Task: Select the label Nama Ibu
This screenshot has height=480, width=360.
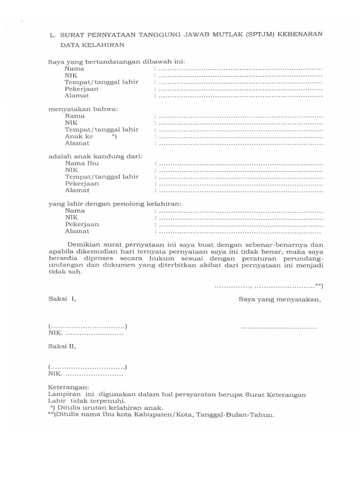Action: click(82, 163)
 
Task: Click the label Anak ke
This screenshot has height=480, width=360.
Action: click(79, 136)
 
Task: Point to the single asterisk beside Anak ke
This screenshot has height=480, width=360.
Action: click(114, 136)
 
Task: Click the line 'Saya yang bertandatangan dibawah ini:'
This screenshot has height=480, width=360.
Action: click(117, 61)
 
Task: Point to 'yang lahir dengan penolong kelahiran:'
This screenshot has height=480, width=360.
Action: click(115, 203)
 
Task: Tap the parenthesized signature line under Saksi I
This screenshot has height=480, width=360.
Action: click(88, 326)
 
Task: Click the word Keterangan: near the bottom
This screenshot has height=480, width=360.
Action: click(68, 388)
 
